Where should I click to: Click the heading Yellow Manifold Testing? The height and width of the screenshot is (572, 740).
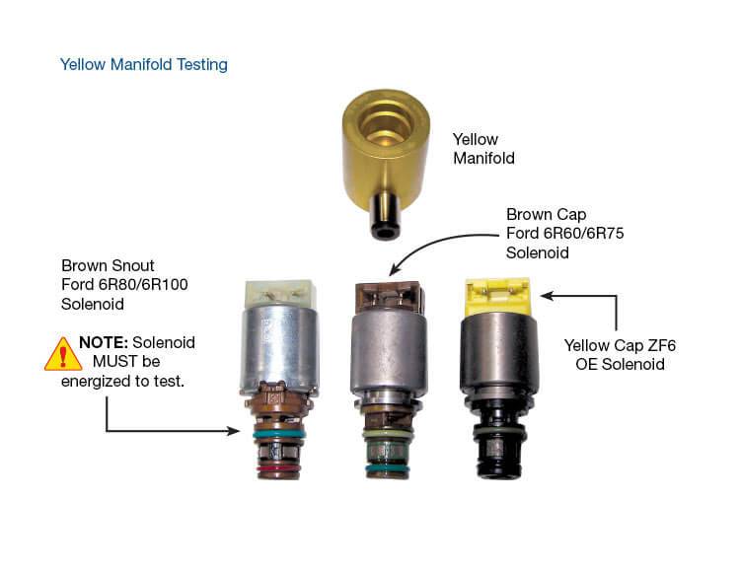(143, 64)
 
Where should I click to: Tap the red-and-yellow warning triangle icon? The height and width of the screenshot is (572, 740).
(63, 354)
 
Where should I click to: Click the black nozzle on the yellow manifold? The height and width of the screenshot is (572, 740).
(385, 216)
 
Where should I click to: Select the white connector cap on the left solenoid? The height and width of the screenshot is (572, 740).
(279, 295)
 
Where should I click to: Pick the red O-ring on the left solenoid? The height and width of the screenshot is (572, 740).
(278, 468)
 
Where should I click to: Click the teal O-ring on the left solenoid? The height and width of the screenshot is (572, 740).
(278, 434)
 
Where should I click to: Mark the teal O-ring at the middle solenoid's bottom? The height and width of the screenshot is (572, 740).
(387, 467)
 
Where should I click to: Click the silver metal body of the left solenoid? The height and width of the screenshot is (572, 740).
(280, 351)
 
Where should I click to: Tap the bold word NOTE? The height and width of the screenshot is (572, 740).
(104, 342)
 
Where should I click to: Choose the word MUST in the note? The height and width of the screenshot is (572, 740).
(115, 362)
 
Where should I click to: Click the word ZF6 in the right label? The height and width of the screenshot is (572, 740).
(661, 345)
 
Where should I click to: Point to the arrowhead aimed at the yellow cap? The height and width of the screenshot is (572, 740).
(546, 296)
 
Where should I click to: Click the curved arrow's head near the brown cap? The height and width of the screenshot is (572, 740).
(395, 269)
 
